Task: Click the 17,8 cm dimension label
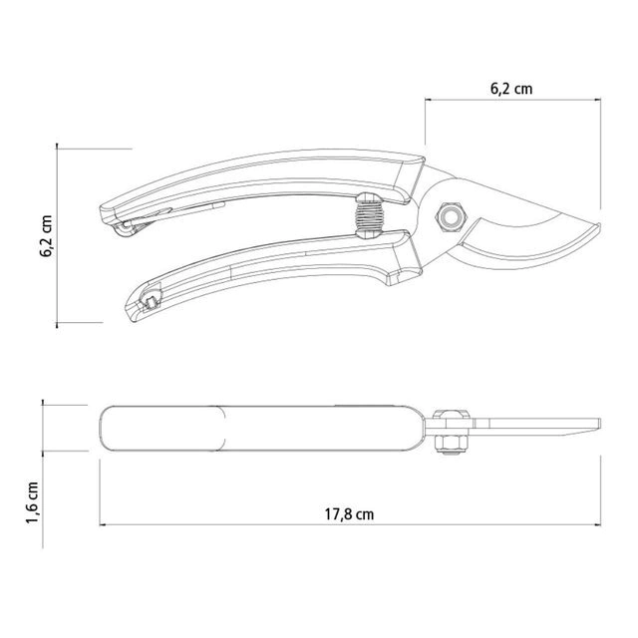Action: (x=349, y=514)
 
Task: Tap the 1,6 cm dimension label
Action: (x=33, y=502)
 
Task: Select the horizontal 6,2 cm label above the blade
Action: (x=511, y=89)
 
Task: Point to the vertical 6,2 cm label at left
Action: (x=46, y=236)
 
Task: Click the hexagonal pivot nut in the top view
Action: (x=451, y=217)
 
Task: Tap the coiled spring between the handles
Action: (x=370, y=215)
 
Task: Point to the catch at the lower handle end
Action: (x=150, y=300)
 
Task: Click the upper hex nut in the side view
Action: (x=451, y=415)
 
